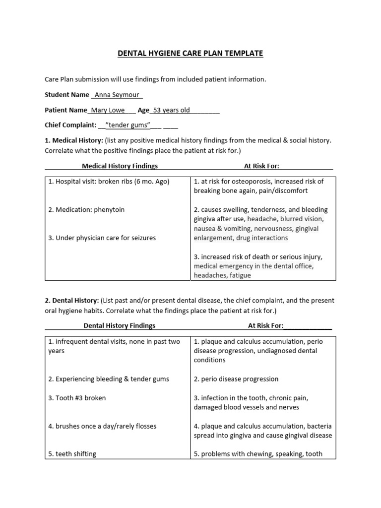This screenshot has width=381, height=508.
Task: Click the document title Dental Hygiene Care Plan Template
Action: tap(190, 53)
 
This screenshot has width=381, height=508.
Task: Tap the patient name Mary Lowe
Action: tap(106, 110)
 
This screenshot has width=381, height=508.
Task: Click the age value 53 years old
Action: tap(171, 110)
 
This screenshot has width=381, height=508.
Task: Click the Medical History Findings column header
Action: tap(120, 166)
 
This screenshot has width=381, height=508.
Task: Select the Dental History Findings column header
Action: tap(119, 325)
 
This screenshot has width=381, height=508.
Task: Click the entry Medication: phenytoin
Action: tap(86, 209)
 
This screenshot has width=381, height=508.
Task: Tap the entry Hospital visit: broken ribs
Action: tap(109, 182)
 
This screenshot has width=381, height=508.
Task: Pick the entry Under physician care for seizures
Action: tap(102, 238)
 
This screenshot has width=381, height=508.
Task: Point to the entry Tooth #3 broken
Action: tap(77, 398)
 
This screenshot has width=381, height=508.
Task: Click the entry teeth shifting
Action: tap(72, 454)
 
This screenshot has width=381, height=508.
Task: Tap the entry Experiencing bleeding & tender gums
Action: tap(109, 379)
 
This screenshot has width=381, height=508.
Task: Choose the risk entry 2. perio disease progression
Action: tap(236, 379)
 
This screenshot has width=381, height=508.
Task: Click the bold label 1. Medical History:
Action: tap(74, 140)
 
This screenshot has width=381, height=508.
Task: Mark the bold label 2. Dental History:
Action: tap(71, 300)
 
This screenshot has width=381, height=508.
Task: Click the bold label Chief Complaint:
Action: tap(70, 126)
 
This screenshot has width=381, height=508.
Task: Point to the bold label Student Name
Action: tap(67, 95)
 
